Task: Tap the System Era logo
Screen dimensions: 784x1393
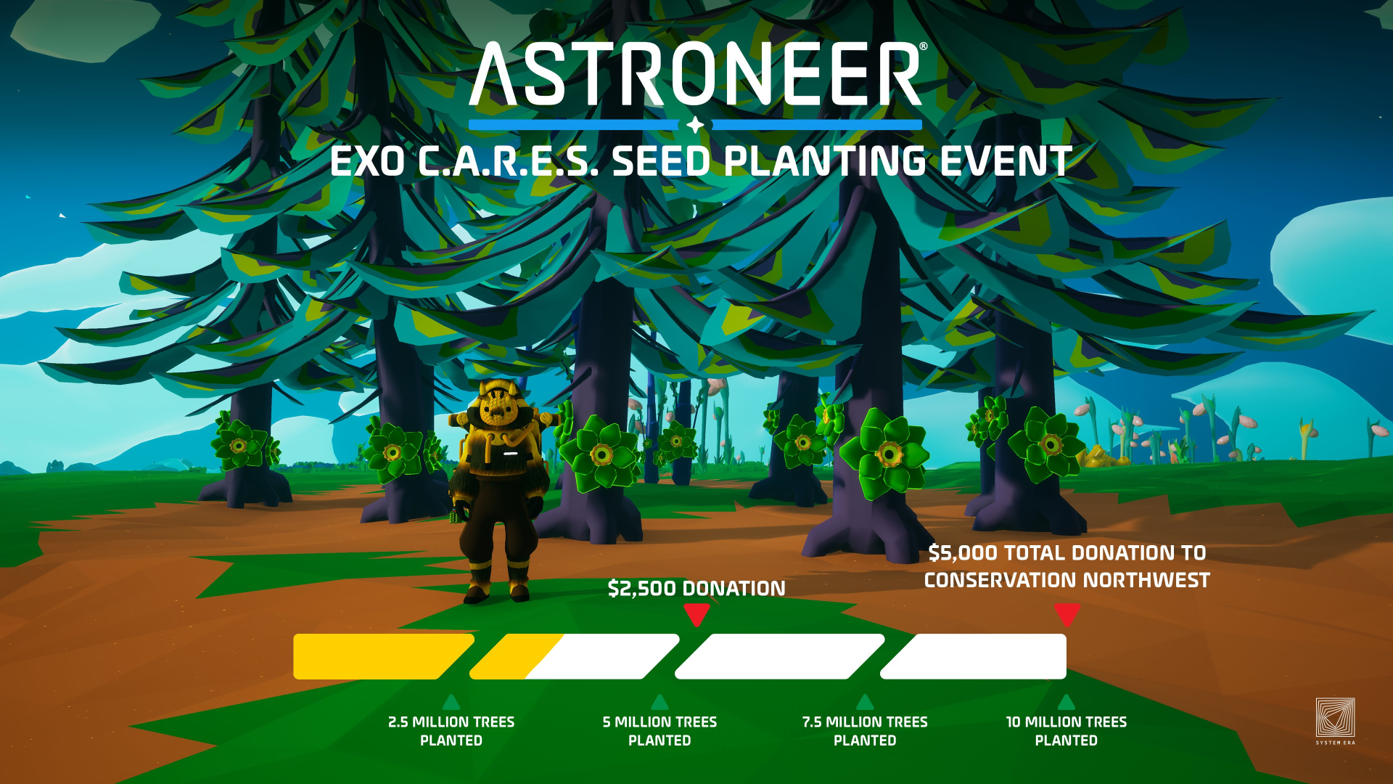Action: pyautogui.click(x=1335, y=719)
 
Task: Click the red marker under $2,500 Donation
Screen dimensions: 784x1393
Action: pyautogui.click(x=696, y=614)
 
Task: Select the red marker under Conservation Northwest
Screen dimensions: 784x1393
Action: pyautogui.click(x=1067, y=614)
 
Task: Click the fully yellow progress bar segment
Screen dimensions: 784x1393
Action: pyautogui.click(x=377, y=656)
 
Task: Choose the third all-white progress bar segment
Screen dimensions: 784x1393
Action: pyautogui.click(x=780, y=656)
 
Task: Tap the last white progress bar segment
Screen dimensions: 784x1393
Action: pyautogui.click(x=976, y=656)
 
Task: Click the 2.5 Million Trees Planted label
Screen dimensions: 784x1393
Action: pyautogui.click(x=451, y=731)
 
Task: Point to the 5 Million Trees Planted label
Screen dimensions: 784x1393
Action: pyautogui.click(x=659, y=731)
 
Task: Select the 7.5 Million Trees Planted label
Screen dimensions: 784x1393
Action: pyautogui.click(x=865, y=731)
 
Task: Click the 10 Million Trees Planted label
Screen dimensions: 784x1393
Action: pyautogui.click(x=1066, y=731)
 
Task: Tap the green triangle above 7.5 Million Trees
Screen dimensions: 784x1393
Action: pyautogui.click(x=865, y=702)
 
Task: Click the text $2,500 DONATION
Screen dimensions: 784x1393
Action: pyautogui.click(x=696, y=588)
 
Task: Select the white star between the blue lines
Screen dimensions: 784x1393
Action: pyautogui.click(x=695, y=125)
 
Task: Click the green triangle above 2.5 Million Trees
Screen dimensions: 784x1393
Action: pyautogui.click(x=451, y=702)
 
